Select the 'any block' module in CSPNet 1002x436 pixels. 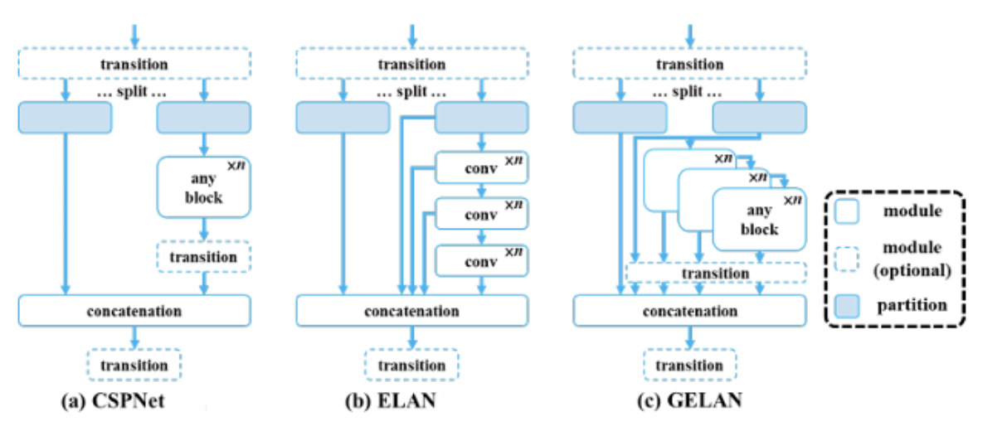[x=203, y=187]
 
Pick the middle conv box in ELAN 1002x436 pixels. [x=481, y=214]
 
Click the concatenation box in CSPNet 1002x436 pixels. [x=134, y=312]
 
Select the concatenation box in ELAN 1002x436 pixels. [x=411, y=312]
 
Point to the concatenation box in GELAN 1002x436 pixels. [x=689, y=312]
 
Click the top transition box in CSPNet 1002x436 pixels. [x=134, y=64]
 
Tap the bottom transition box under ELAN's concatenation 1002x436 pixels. [x=411, y=365]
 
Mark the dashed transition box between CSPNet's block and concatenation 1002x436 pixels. [x=203, y=257]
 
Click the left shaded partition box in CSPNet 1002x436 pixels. [x=64, y=118]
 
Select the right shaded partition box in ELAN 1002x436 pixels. [x=481, y=118]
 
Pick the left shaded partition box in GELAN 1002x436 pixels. [x=620, y=118]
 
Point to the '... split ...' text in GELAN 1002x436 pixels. [x=689, y=92]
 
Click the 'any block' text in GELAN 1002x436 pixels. [x=759, y=220]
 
